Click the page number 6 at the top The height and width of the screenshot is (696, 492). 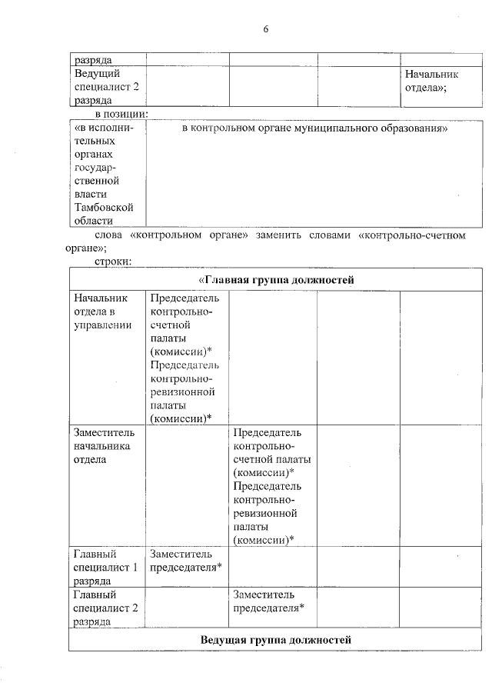[266, 28]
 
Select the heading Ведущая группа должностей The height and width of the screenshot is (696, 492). [275, 639]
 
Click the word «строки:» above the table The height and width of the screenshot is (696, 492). [114, 261]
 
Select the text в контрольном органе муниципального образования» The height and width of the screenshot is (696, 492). [315, 128]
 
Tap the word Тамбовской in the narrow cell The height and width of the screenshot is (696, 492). [104, 207]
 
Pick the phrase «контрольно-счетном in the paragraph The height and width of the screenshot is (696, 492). [412, 235]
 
